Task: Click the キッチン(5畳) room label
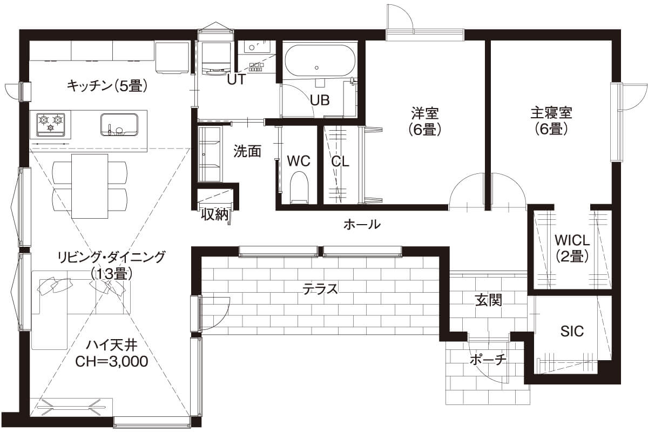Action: [107, 85]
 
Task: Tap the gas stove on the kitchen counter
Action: [51, 124]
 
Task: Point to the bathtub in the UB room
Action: [319, 61]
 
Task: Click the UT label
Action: [236, 80]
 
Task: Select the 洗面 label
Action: [247, 152]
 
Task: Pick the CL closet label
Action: [340, 161]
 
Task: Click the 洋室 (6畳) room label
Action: [425, 121]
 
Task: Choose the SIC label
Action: [572, 331]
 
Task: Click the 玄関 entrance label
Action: [489, 300]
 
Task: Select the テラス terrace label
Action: [320, 289]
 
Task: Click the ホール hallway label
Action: [362, 224]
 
